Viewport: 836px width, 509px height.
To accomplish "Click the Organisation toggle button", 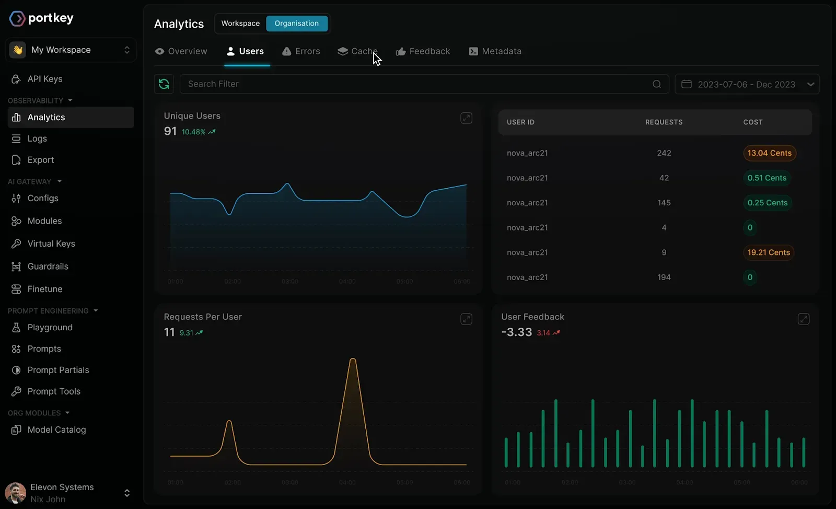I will pyautogui.click(x=297, y=24).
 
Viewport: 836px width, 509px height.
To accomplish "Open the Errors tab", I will pyautogui.click(x=301, y=51).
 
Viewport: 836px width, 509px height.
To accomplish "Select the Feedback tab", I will pyautogui.click(x=423, y=51).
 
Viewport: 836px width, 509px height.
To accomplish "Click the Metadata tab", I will pyautogui.click(x=495, y=51).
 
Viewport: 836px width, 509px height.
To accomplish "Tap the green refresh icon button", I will pyautogui.click(x=164, y=84).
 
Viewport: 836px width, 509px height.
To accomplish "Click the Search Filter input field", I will pyautogui.click(x=418, y=84).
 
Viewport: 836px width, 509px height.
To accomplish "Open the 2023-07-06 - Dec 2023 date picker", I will pyautogui.click(x=747, y=84).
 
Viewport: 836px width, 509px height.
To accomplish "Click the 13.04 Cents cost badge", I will pyautogui.click(x=769, y=153).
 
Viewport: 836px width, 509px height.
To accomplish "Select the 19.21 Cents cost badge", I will pyautogui.click(x=768, y=252).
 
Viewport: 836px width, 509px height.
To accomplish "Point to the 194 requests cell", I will pyautogui.click(x=664, y=277).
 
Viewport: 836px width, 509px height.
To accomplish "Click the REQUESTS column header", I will pyautogui.click(x=664, y=122).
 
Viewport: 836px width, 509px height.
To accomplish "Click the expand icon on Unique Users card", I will pyautogui.click(x=466, y=118).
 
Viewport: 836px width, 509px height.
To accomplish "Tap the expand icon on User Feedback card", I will pyautogui.click(x=803, y=319).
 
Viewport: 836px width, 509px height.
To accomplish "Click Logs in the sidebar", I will pyautogui.click(x=37, y=138).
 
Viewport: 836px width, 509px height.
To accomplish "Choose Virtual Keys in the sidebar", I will pyautogui.click(x=51, y=244).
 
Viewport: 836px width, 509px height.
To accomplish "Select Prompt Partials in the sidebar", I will pyautogui.click(x=58, y=370).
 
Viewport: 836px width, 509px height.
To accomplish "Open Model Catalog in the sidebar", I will pyautogui.click(x=56, y=430).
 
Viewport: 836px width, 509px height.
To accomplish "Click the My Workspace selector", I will pyautogui.click(x=71, y=50).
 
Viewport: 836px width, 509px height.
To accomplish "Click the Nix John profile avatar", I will pyautogui.click(x=16, y=493).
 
